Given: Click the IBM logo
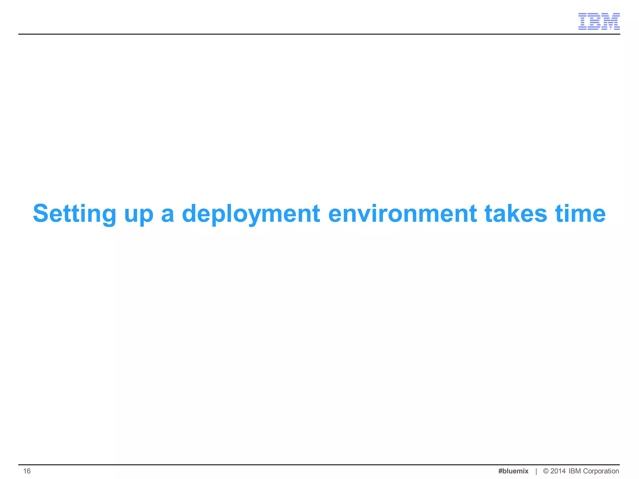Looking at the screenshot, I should tap(599, 22).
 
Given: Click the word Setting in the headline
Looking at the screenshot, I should tap(74, 214).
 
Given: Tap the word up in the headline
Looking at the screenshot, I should tap(139, 215).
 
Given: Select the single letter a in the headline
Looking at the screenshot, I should tap(168, 215).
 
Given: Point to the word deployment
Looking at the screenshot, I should tap(251, 215).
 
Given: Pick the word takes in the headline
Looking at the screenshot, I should tap(516, 214).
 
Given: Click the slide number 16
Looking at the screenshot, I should tap(27, 471).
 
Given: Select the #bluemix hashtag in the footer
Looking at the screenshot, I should tap(513, 471).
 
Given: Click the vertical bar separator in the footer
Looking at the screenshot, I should tap(536, 471).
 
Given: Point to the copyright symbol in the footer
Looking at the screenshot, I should tap(546, 471).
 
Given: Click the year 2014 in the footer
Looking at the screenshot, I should tap(558, 471).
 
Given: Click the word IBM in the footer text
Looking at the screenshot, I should tap(575, 471).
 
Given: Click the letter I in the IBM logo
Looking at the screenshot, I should tap(583, 22).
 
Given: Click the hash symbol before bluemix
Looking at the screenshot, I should tap(500, 471).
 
